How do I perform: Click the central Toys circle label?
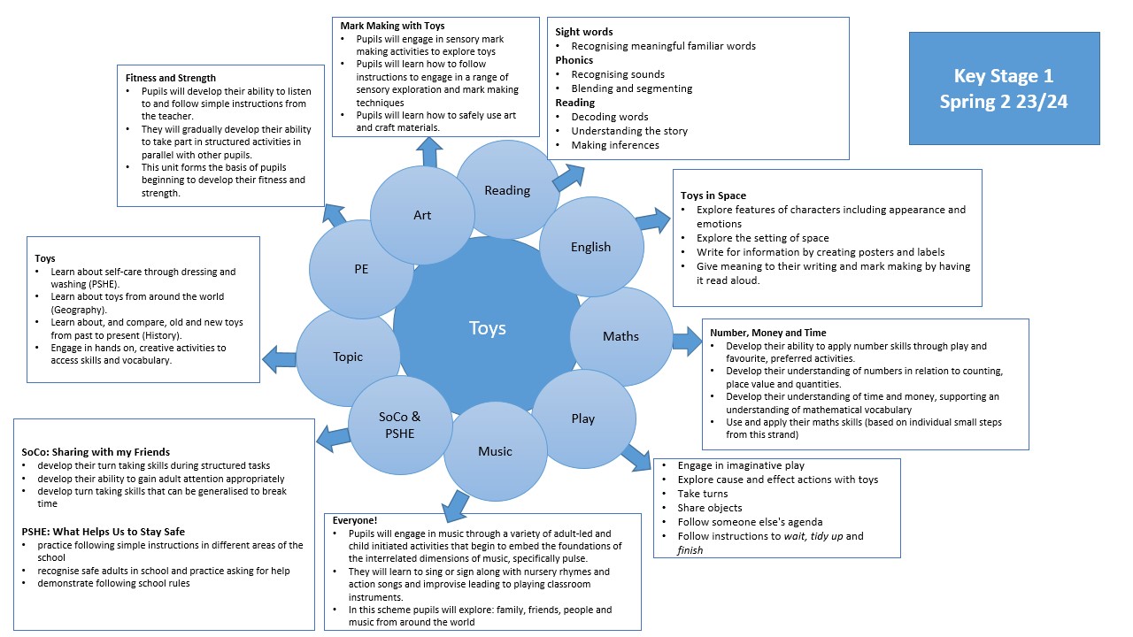point(487,328)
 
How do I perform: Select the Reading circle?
point(507,190)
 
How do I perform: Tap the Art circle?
point(422,215)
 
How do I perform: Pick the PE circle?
point(362,268)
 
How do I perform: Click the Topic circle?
point(348,357)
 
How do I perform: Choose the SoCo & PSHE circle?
point(399,425)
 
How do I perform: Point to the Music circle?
point(495,451)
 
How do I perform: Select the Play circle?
point(582,418)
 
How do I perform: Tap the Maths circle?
point(620,336)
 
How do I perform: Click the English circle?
point(590,247)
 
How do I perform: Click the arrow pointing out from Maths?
point(686,341)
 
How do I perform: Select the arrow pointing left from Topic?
point(280,358)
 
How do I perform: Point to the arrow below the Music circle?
point(456,505)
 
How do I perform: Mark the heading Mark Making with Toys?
point(392,26)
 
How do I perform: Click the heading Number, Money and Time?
point(767,333)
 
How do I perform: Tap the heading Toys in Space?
point(713,196)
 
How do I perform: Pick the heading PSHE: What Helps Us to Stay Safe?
point(103,532)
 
